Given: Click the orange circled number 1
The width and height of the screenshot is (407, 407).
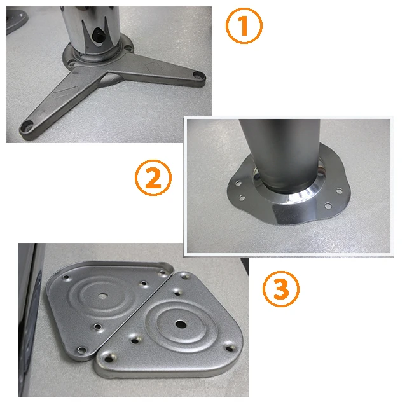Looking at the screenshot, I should (x=244, y=27).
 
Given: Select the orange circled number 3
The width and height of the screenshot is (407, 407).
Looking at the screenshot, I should (x=280, y=289).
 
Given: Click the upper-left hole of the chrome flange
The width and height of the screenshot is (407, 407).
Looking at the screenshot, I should (x=238, y=181).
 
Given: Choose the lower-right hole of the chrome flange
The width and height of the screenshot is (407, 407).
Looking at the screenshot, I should (x=328, y=205).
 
